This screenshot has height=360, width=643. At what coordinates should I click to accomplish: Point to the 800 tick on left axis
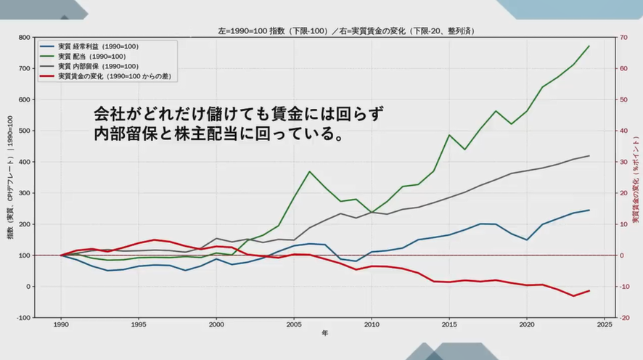(x=24, y=38)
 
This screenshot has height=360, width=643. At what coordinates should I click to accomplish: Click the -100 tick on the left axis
(x=23, y=318)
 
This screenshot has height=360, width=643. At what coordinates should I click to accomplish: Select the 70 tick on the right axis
(x=624, y=38)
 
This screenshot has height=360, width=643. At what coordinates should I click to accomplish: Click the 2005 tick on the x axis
(x=294, y=325)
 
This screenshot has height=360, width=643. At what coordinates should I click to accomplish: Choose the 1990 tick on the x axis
(x=60, y=325)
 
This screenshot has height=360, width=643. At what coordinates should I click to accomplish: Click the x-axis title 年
(x=325, y=335)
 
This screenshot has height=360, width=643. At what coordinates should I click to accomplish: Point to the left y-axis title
(x=10, y=178)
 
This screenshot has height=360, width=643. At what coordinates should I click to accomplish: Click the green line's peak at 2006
(x=309, y=172)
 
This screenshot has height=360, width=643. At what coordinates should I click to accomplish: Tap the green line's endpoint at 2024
(x=589, y=46)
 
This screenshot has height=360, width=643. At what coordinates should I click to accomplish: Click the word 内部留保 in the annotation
(x=134, y=134)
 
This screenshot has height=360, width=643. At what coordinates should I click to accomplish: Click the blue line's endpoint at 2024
(x=589, y=210)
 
